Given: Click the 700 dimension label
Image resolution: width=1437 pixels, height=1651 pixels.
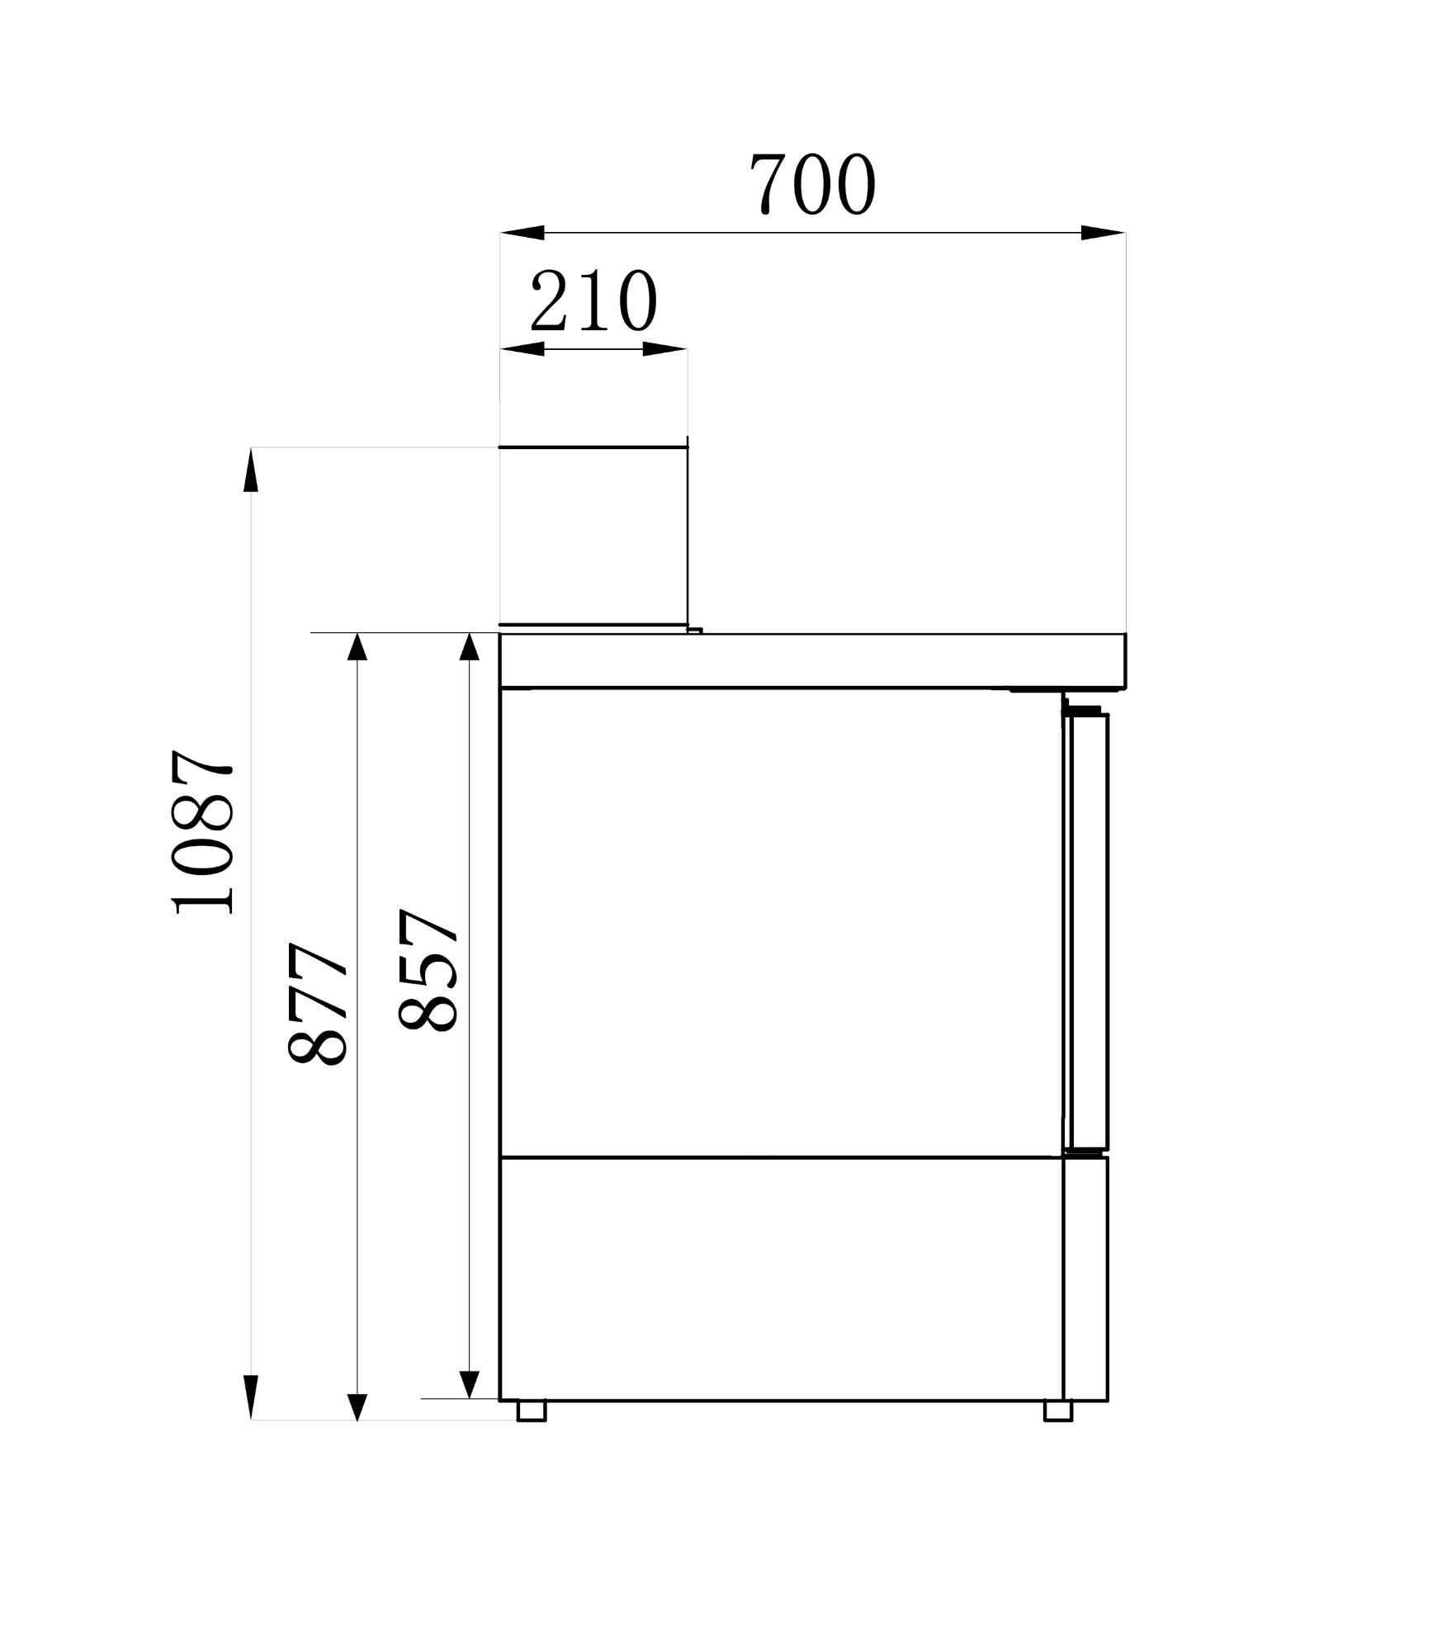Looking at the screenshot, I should click(812, 184).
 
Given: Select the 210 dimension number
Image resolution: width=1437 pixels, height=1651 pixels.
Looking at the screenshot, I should click(593, 300).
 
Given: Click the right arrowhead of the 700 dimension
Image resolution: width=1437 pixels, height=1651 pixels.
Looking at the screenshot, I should click(1103, 233).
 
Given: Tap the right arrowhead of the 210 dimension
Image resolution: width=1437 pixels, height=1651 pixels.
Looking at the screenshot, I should click(665, 349).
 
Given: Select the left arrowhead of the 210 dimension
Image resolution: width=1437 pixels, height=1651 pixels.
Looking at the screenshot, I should click(522, 349).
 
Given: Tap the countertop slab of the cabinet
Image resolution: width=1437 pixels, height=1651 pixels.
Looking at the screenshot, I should click(812, 660).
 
